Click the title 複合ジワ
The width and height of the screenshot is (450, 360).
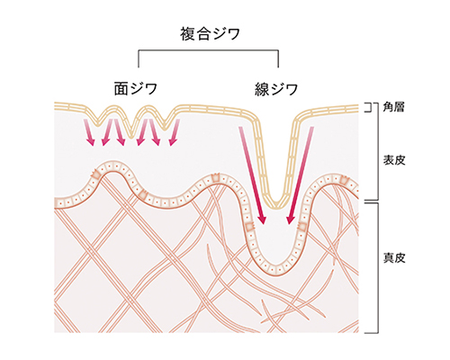[210, 33]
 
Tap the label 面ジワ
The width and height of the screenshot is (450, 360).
[136, 89]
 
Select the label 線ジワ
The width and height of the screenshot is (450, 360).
[276, 89]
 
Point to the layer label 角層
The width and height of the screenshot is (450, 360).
[394, 107]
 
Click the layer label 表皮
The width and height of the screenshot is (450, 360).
[394, 160]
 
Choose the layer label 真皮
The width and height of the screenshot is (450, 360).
[394, 258]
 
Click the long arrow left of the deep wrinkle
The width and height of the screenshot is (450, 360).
[252, 175]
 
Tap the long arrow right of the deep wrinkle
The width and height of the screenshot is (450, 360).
[301, 175]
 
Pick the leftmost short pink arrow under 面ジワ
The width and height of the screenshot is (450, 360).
[89, 132]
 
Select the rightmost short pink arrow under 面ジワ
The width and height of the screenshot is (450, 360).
[175, 132]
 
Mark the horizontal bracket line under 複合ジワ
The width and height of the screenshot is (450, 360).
[208, 50]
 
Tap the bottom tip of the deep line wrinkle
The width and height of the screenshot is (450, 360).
[276, 207]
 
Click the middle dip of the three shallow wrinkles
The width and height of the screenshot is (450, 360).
[130, 137]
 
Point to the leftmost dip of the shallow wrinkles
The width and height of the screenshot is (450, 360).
[97, 123]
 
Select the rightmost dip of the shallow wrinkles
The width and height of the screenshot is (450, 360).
[164, 128]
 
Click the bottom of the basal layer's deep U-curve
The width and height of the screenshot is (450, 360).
[277, 272]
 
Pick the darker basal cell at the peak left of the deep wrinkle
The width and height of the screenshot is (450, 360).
[215, 177]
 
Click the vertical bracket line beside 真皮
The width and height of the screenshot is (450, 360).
[377, 268]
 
